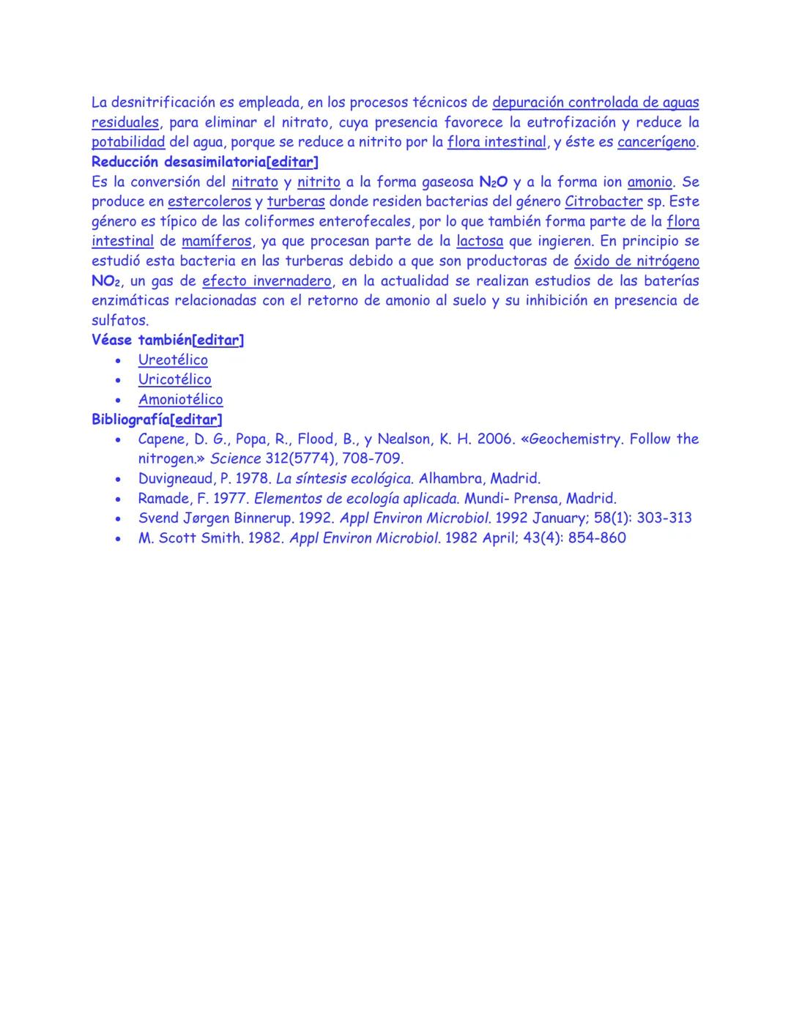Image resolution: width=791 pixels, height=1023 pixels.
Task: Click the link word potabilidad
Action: click(128, 142)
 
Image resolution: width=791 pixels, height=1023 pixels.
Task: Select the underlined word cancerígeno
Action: click(656, 142)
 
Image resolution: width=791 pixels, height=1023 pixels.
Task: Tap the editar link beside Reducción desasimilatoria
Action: click(294, 162)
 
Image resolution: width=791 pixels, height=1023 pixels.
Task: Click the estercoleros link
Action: click(209, 201)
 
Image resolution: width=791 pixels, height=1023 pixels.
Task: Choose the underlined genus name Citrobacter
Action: click(604, 201)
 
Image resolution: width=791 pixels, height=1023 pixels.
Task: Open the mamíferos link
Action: click(216, 241)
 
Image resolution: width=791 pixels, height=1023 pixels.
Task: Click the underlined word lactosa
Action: click(479, 241)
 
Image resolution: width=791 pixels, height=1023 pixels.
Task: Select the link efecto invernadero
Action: click(267, 280)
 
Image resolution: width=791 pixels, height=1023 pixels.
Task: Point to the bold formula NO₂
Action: click(106, 281)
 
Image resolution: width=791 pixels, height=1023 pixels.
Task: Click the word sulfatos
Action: click(119, 320)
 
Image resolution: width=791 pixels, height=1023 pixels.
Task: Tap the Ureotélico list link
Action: click(173, 360)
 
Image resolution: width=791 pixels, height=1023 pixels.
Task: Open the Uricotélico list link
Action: click(174, 379)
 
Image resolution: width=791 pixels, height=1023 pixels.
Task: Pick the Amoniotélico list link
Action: click(180, 399)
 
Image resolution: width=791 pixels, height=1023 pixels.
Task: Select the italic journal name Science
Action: click(235, 458)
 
